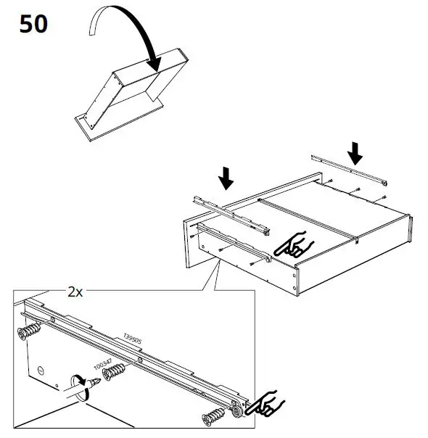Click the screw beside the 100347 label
115,373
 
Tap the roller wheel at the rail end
236,410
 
